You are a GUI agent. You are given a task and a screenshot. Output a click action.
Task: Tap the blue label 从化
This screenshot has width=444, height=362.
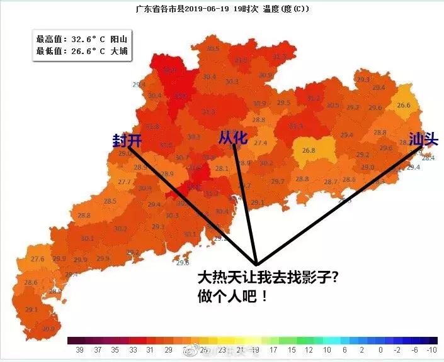(233, 137)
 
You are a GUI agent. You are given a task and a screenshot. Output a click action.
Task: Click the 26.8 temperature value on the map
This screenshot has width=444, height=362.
(309, 150)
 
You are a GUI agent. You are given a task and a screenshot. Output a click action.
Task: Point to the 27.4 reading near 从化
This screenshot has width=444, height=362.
(260, 143)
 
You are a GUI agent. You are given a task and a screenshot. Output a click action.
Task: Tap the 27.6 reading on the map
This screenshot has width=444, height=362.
(37, 259)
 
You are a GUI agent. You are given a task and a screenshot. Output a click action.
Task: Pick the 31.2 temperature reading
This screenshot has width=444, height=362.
(314, 98)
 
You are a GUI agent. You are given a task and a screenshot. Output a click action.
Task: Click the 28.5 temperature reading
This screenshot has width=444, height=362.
(110, 201)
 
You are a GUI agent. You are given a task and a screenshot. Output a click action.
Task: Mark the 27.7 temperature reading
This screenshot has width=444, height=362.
(124, 182)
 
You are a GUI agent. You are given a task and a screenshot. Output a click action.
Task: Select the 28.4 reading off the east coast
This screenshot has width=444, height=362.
(428, 158)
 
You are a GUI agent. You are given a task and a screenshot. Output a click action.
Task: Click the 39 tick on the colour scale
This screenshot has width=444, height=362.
(79, 349)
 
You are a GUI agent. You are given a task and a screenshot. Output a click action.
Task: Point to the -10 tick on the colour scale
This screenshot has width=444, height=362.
(432, 349)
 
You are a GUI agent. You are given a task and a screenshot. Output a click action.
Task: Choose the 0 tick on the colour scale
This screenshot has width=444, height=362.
(381, 349)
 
